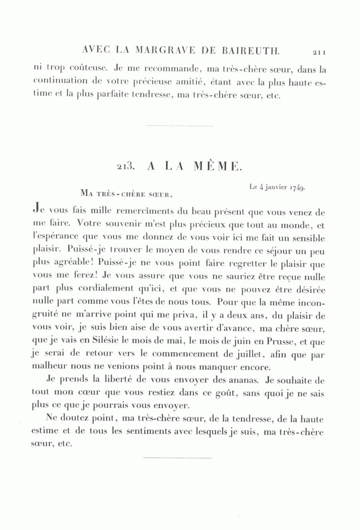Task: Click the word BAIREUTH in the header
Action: [248, 51]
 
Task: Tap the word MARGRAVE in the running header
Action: [165, 51]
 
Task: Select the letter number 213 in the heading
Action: [125, 167]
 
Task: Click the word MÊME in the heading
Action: [218, 166]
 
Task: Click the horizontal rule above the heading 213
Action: [179, 126]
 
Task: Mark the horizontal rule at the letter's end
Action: [177, 457]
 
